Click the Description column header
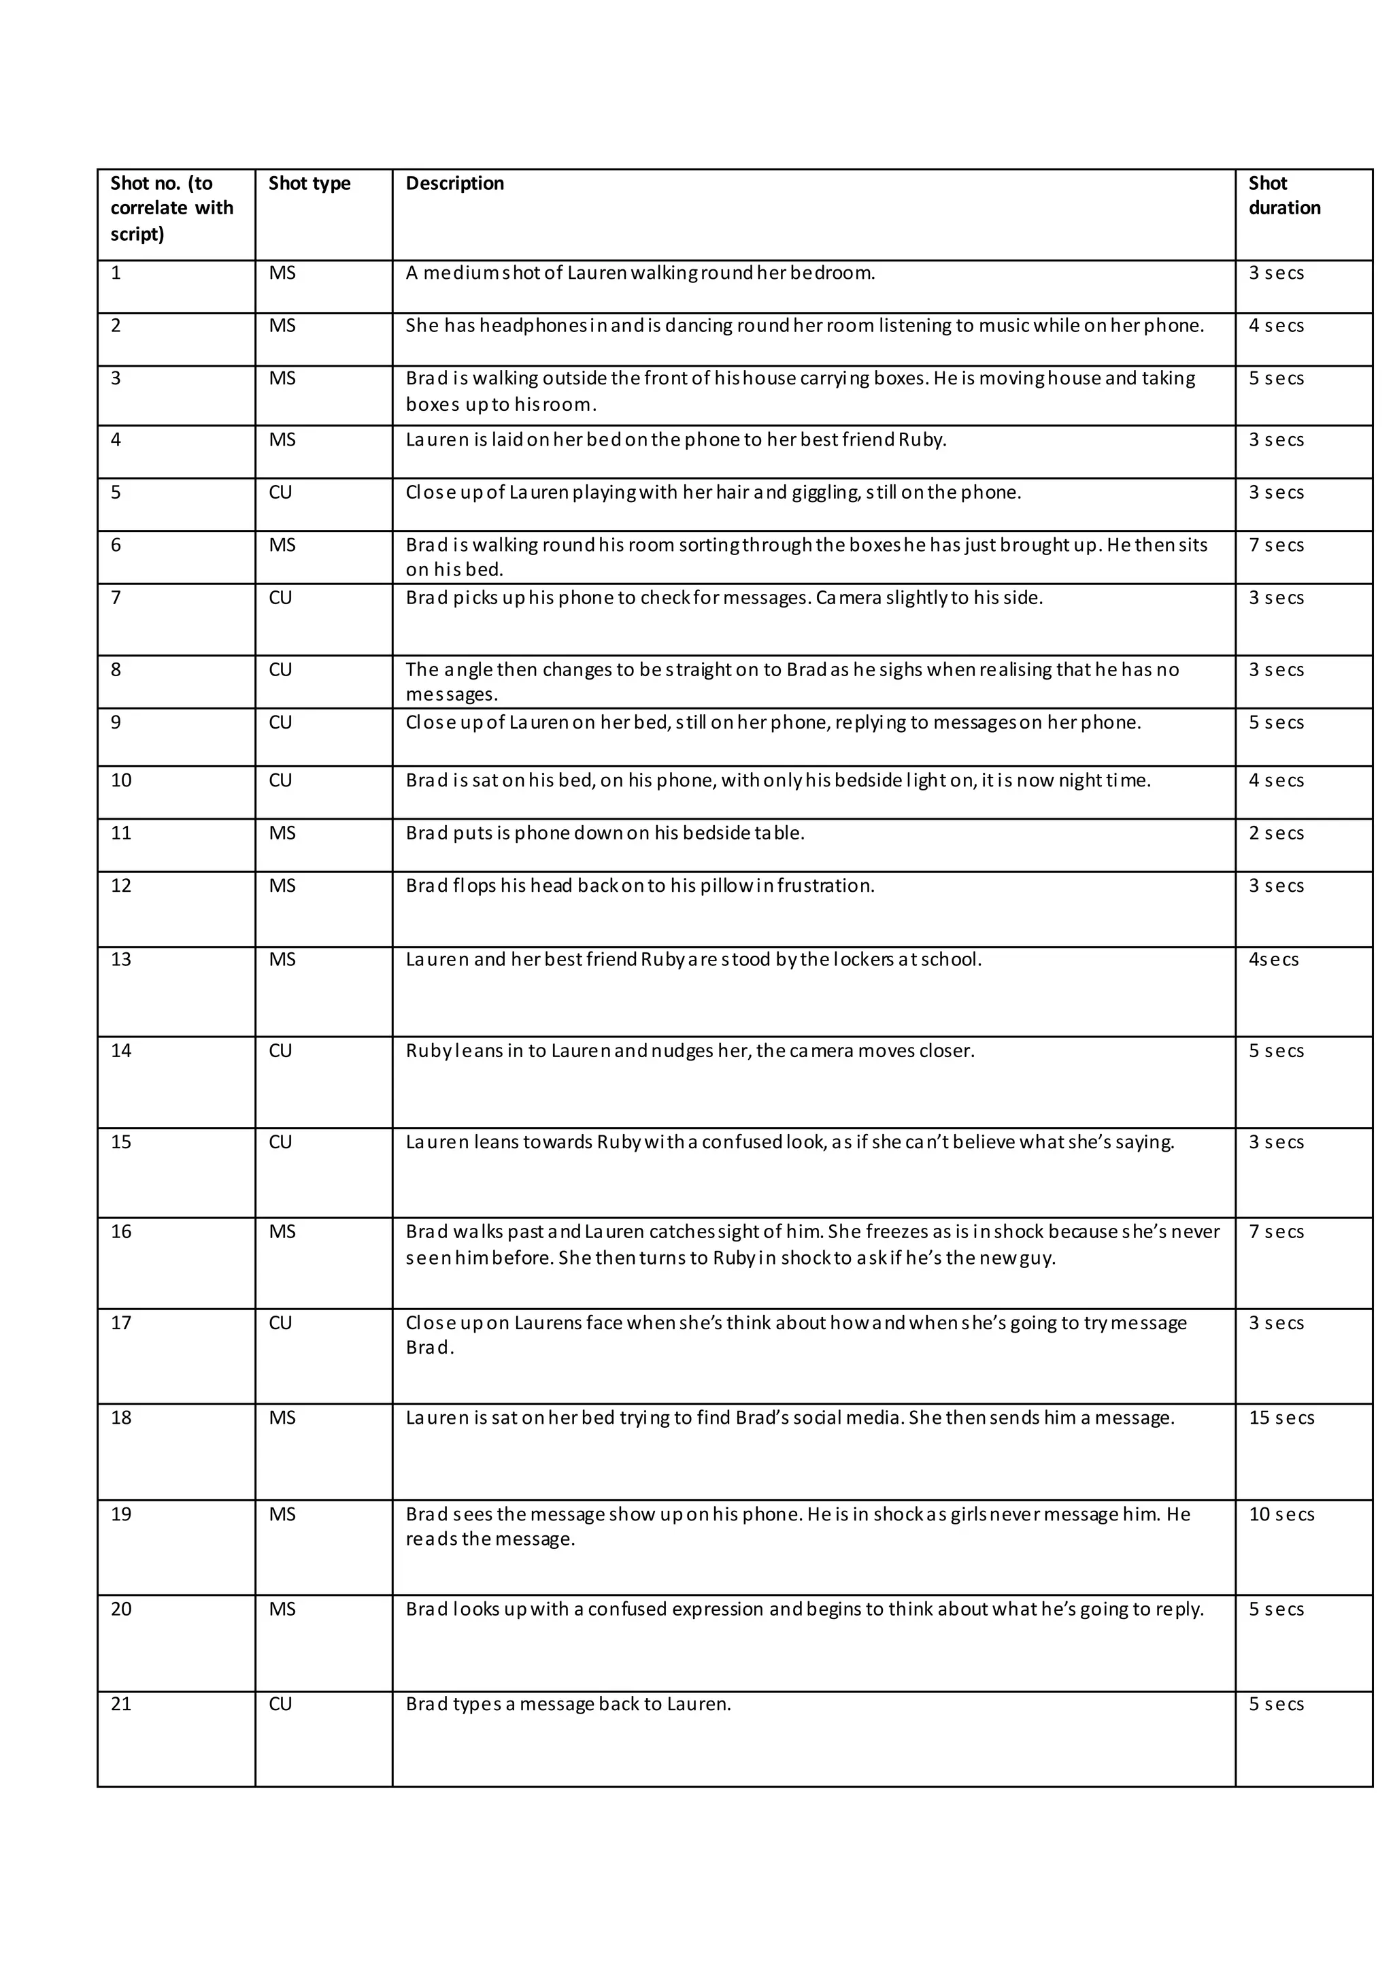454,184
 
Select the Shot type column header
309,184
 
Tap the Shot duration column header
1284,196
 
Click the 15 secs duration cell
1281,1418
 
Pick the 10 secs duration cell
1281,1514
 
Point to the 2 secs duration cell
1276,833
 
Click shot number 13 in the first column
121,959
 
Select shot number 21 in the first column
121,1704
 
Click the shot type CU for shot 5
280,492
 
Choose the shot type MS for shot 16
282,1232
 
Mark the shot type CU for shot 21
280,1704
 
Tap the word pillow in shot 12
724,886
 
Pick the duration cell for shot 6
1276,546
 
